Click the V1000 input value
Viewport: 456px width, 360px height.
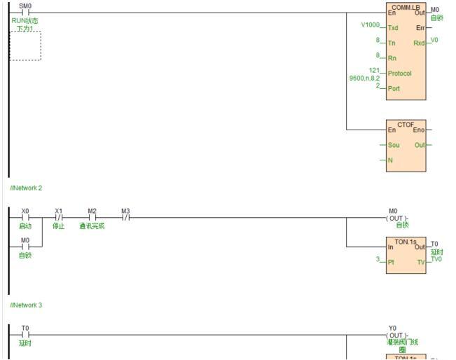370,25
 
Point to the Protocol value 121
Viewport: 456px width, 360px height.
374,70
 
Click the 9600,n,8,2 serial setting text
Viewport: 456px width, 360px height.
364,78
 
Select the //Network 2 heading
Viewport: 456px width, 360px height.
26,188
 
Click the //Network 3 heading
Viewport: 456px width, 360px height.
26,305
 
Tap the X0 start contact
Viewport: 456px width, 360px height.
25,217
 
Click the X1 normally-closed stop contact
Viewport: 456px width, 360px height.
58,217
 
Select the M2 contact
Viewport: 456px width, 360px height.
92,217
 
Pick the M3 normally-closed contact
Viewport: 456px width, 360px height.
125,217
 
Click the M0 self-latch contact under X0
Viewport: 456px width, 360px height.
25,247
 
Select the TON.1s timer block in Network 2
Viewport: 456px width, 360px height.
406,255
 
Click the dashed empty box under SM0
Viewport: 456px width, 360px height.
25,46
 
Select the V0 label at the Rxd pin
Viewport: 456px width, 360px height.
434,40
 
